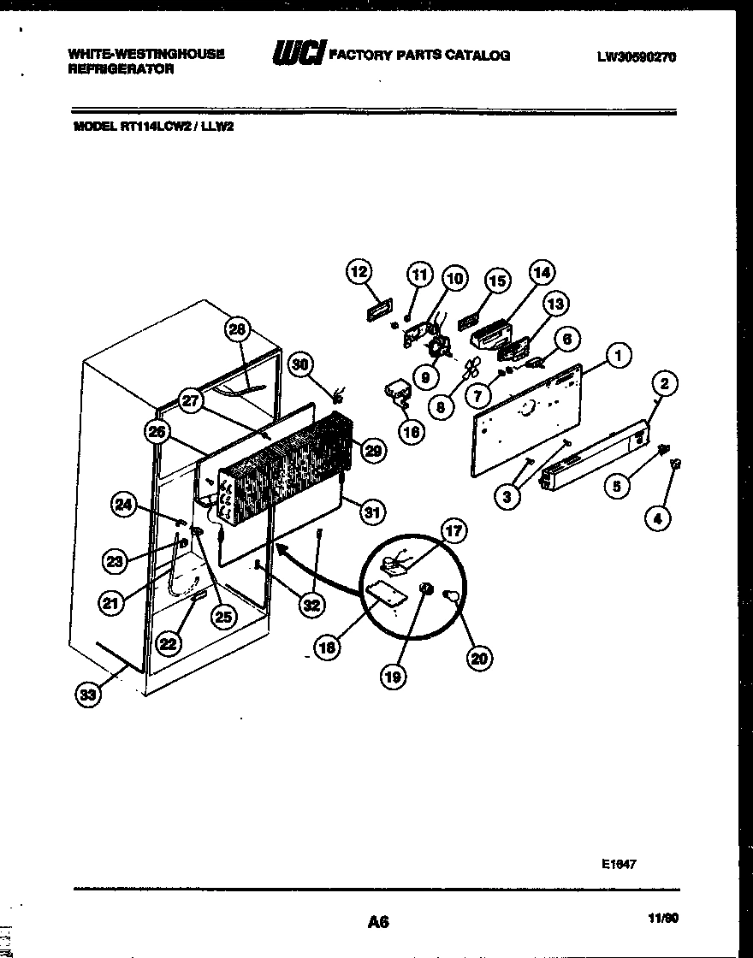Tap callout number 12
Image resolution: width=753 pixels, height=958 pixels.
[x=359, y=272]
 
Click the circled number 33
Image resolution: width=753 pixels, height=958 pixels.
[x=87, y=695]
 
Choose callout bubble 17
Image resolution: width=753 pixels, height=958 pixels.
[x=453, y=532]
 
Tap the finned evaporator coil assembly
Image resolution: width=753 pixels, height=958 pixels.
[x=287, y=466]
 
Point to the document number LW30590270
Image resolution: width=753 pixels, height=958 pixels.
[x=637, y=57]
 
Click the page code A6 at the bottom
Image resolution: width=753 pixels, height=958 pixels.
[x=378, y=922]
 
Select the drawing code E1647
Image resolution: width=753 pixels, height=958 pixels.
[x=619, y=864]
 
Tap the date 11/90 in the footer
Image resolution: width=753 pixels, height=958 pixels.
[x=663, y=920]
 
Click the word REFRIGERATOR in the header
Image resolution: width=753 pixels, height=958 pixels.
[x=121, y=69]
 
